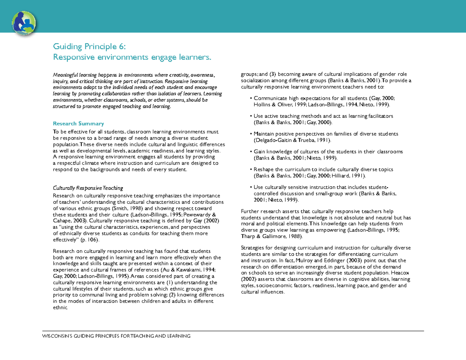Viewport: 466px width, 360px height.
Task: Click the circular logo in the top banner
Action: pos(24,23)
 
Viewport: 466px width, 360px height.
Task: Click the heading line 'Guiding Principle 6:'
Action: pos(89,47)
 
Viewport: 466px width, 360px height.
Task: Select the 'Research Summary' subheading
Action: pos(78,123)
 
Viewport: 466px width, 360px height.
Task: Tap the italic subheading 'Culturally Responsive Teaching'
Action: pos(88,188)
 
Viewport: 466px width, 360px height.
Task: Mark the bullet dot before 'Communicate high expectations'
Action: pos(251,99)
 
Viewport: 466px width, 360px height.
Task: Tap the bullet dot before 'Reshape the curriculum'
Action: pos(251,170)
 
